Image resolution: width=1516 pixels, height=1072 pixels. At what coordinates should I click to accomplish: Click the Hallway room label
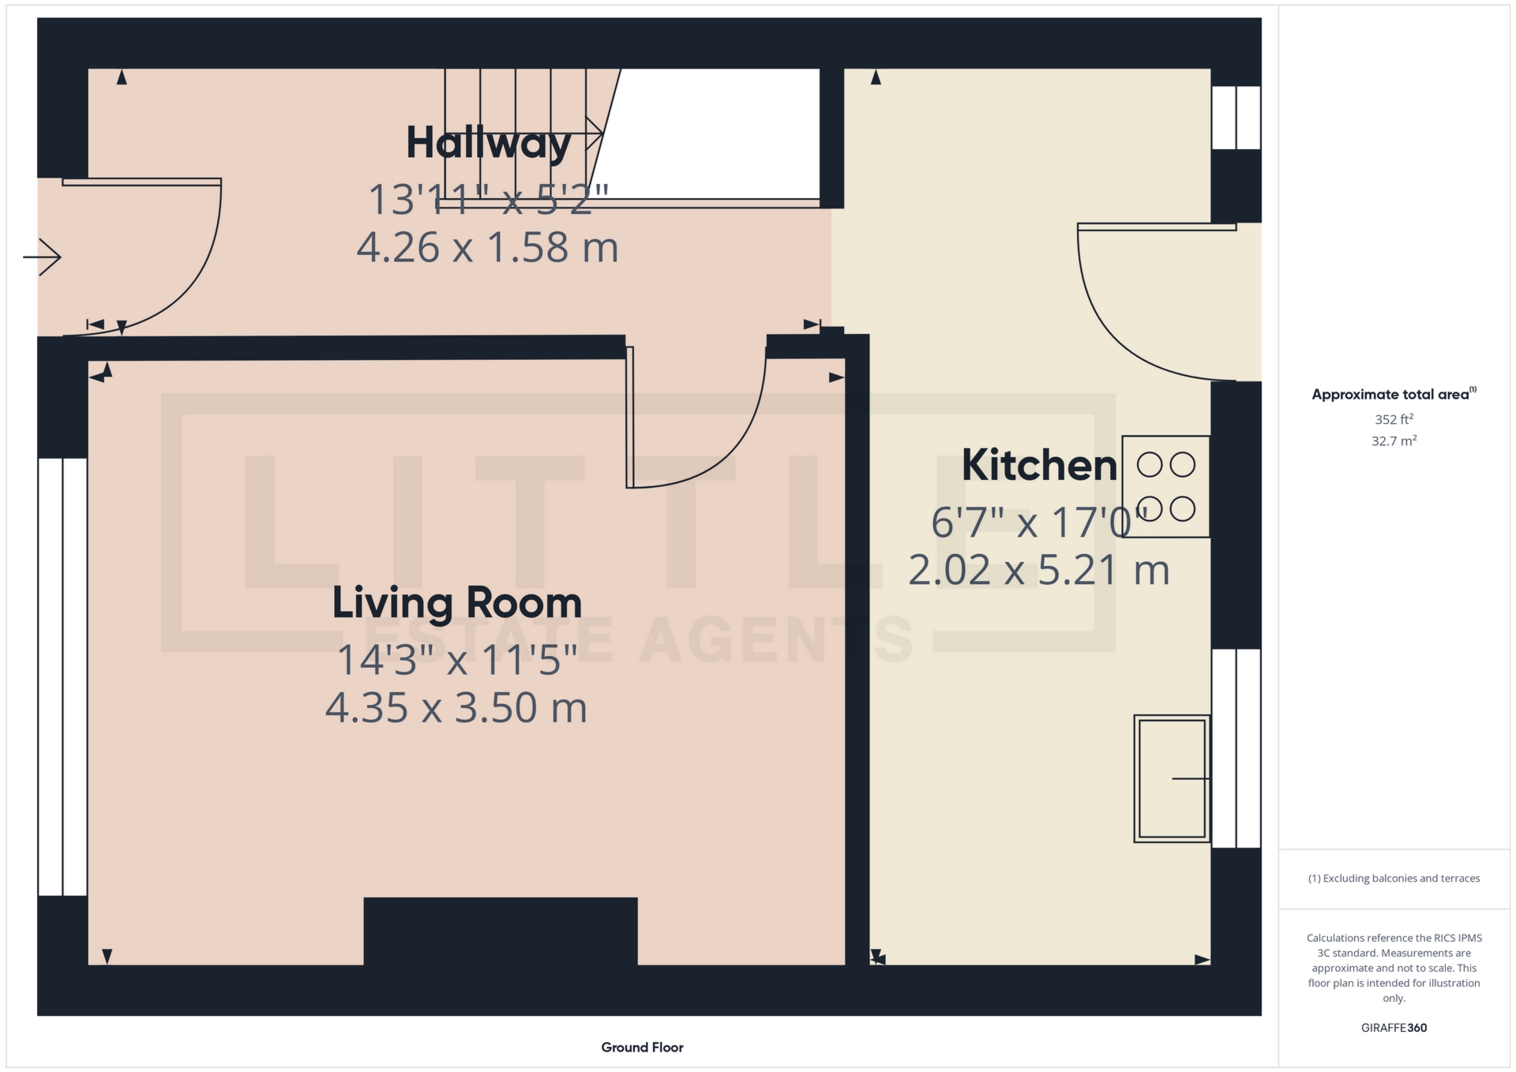pos(489,143)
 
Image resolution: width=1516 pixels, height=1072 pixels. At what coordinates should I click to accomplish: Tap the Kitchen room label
pos(1039,465)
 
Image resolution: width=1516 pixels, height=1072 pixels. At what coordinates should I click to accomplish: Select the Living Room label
pos(457,603)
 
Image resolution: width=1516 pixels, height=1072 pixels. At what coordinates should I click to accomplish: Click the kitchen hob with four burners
pos(1165,486)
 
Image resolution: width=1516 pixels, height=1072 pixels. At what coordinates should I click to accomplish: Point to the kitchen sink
pos(1172,778)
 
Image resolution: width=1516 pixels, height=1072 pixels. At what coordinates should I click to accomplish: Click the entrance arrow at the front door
pos(42,257)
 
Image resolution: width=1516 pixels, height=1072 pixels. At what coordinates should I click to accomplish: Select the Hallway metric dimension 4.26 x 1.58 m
pos(487,248)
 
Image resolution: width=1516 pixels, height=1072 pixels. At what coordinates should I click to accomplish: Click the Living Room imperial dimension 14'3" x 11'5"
pos(457,660)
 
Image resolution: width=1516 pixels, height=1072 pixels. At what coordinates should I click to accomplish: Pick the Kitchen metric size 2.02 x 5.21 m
pos(1038,570)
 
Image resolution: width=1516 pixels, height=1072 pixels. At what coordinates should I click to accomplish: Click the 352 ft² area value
pos(1394,419)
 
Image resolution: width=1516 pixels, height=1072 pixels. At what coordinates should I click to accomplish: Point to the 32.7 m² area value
pos(1394,440)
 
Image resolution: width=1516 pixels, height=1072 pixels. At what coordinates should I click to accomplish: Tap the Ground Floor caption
pos(642,1048)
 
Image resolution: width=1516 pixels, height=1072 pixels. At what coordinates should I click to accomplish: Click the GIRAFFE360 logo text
pos(1394,1028)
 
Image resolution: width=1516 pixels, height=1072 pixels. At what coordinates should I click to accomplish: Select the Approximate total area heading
pos(1394,394)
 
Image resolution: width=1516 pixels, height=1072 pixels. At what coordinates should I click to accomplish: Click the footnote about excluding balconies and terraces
pos(1394,879)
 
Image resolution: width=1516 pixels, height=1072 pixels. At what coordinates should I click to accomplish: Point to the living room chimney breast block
pos(501,931)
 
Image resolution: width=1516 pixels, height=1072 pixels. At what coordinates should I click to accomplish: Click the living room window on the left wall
pos(62,677)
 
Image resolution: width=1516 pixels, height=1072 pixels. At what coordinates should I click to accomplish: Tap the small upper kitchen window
pos(1236,117)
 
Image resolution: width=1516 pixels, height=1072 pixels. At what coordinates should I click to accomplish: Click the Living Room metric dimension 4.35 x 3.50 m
pos(456,707)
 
